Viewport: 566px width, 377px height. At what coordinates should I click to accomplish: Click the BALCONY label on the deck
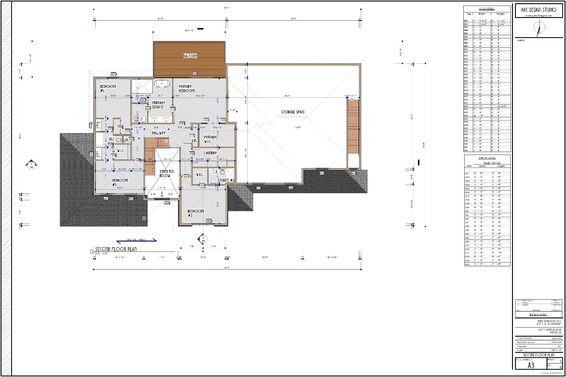pyautogui.click(x=190, y=56)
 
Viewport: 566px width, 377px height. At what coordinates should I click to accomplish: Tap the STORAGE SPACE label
pyautogui.click(x=293, y=112)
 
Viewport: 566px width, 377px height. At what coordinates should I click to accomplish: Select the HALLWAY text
pyautogui.click(x=159, y=133)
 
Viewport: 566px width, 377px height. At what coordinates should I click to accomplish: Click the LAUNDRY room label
pyautogui.click(x=210, y=153)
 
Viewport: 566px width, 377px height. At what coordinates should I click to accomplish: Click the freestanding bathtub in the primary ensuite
pyautogui.click(x=162, y=84)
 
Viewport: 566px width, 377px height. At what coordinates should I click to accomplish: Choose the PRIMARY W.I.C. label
pyautogui.click(x=210, y=139)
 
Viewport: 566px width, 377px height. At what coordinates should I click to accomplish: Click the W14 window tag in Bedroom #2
pyautogui.click(x=208, y=221)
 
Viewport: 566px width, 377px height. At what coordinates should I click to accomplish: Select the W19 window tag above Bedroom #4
pyautogui.click(x=113, y=74)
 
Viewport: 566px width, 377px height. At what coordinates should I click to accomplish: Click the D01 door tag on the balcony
pyautogui.click(x=195, y=73)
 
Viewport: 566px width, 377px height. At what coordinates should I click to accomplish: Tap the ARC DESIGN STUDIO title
pyautogui.click(x=539, y=10)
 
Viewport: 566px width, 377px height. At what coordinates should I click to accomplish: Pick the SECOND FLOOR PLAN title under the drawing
pyautogui.click(x=116, y=249)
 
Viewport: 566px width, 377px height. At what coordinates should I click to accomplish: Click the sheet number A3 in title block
pyautogui.click(x=531, y=366)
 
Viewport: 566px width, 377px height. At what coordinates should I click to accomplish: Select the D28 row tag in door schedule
pyautogui.click(x=466, y=106)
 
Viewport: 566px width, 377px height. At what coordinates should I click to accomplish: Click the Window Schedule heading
pyautogui.click(x=487, y=158)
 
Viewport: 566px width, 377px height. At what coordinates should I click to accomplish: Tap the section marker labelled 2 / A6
pyautogui.click(x=203, y=239)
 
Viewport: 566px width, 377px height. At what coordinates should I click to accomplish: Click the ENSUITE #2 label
pyautogui.click(x=226, y=180)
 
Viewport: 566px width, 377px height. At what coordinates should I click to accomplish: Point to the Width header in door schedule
pyautogui.click(x=482, y=14)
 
